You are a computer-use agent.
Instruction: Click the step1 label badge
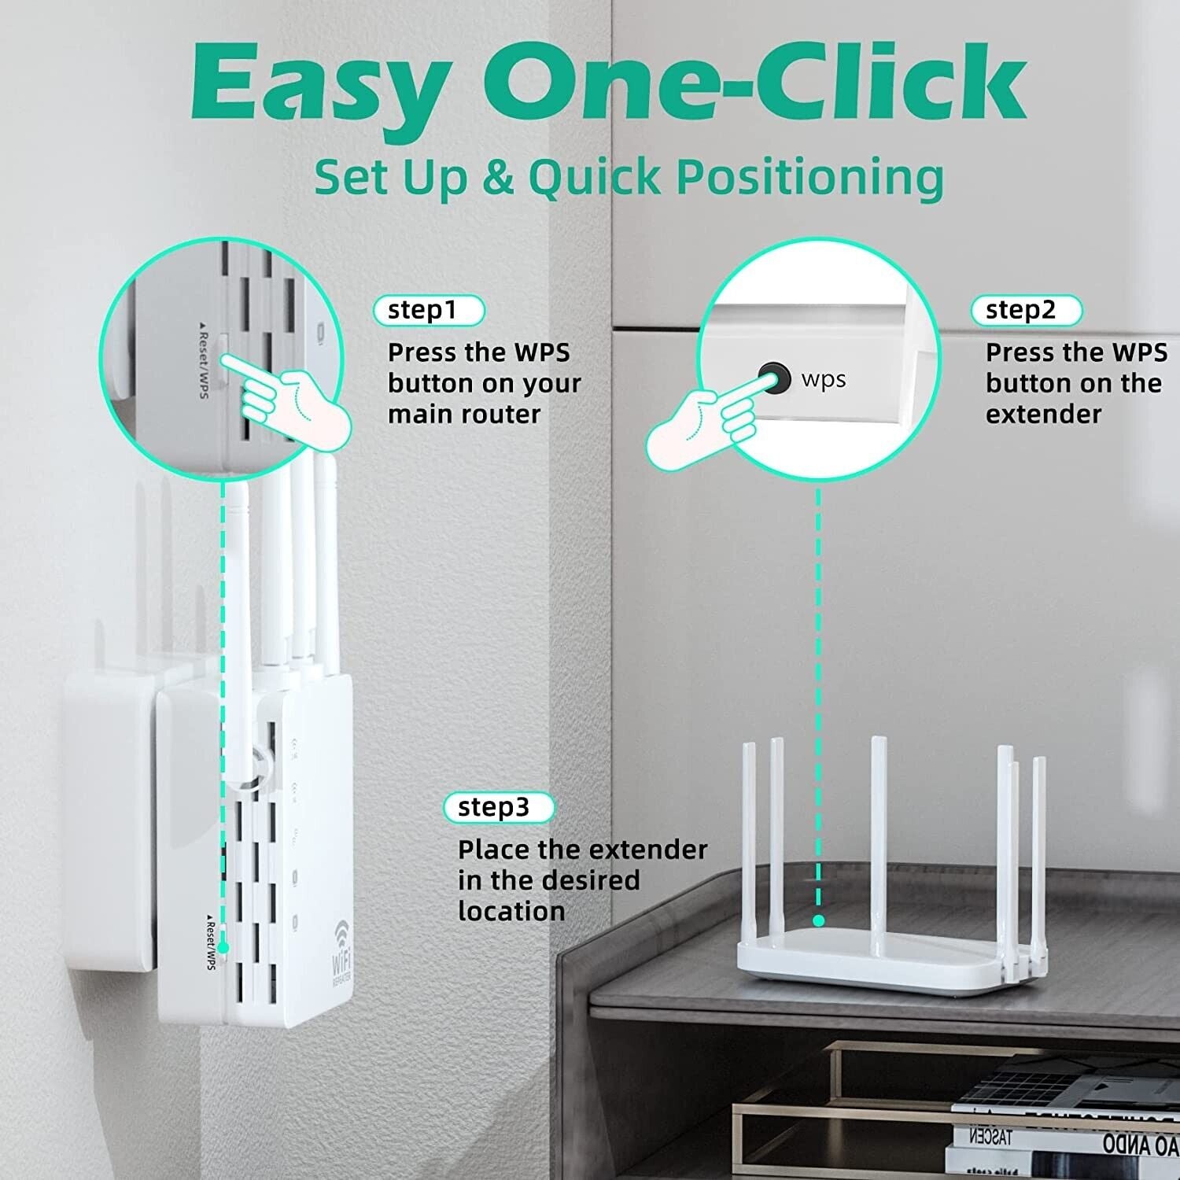click(x=428, y=310)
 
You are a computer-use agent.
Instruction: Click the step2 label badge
click(x=1025, y=310)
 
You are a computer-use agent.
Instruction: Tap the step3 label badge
click(x=498, y=807)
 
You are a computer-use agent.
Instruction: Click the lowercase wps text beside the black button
click(x=823, y=380)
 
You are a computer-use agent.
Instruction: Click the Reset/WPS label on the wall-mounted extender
click(x=210, y=942)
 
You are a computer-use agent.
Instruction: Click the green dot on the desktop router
click(x=818, y=920)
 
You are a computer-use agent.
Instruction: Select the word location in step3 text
click(x=511, y=911)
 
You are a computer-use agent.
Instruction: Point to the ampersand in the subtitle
click(x=496, y=178)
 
